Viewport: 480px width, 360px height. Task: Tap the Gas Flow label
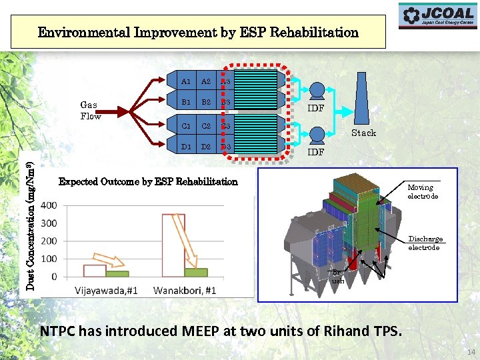click(x=90, y=111)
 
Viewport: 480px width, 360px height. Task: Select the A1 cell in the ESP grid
click(x=186, y=81)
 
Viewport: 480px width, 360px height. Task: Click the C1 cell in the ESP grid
click(x=186, y=125)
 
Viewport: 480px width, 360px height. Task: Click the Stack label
click(x=363, y=133)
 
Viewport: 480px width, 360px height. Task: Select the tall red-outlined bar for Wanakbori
click(x=173, y=244)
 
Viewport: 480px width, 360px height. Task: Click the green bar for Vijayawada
click(x=117, y=273)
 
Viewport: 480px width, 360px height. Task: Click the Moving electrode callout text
click(x=423, y=192)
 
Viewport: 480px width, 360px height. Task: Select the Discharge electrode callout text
click(x=425, y=243)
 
